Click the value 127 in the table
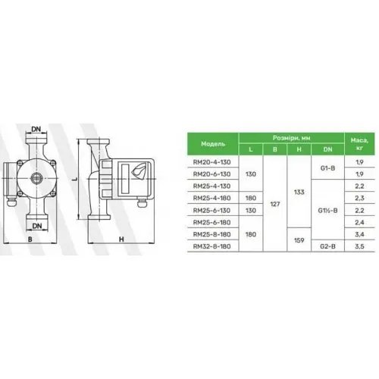pos(276,204)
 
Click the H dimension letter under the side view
pos(121,240)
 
